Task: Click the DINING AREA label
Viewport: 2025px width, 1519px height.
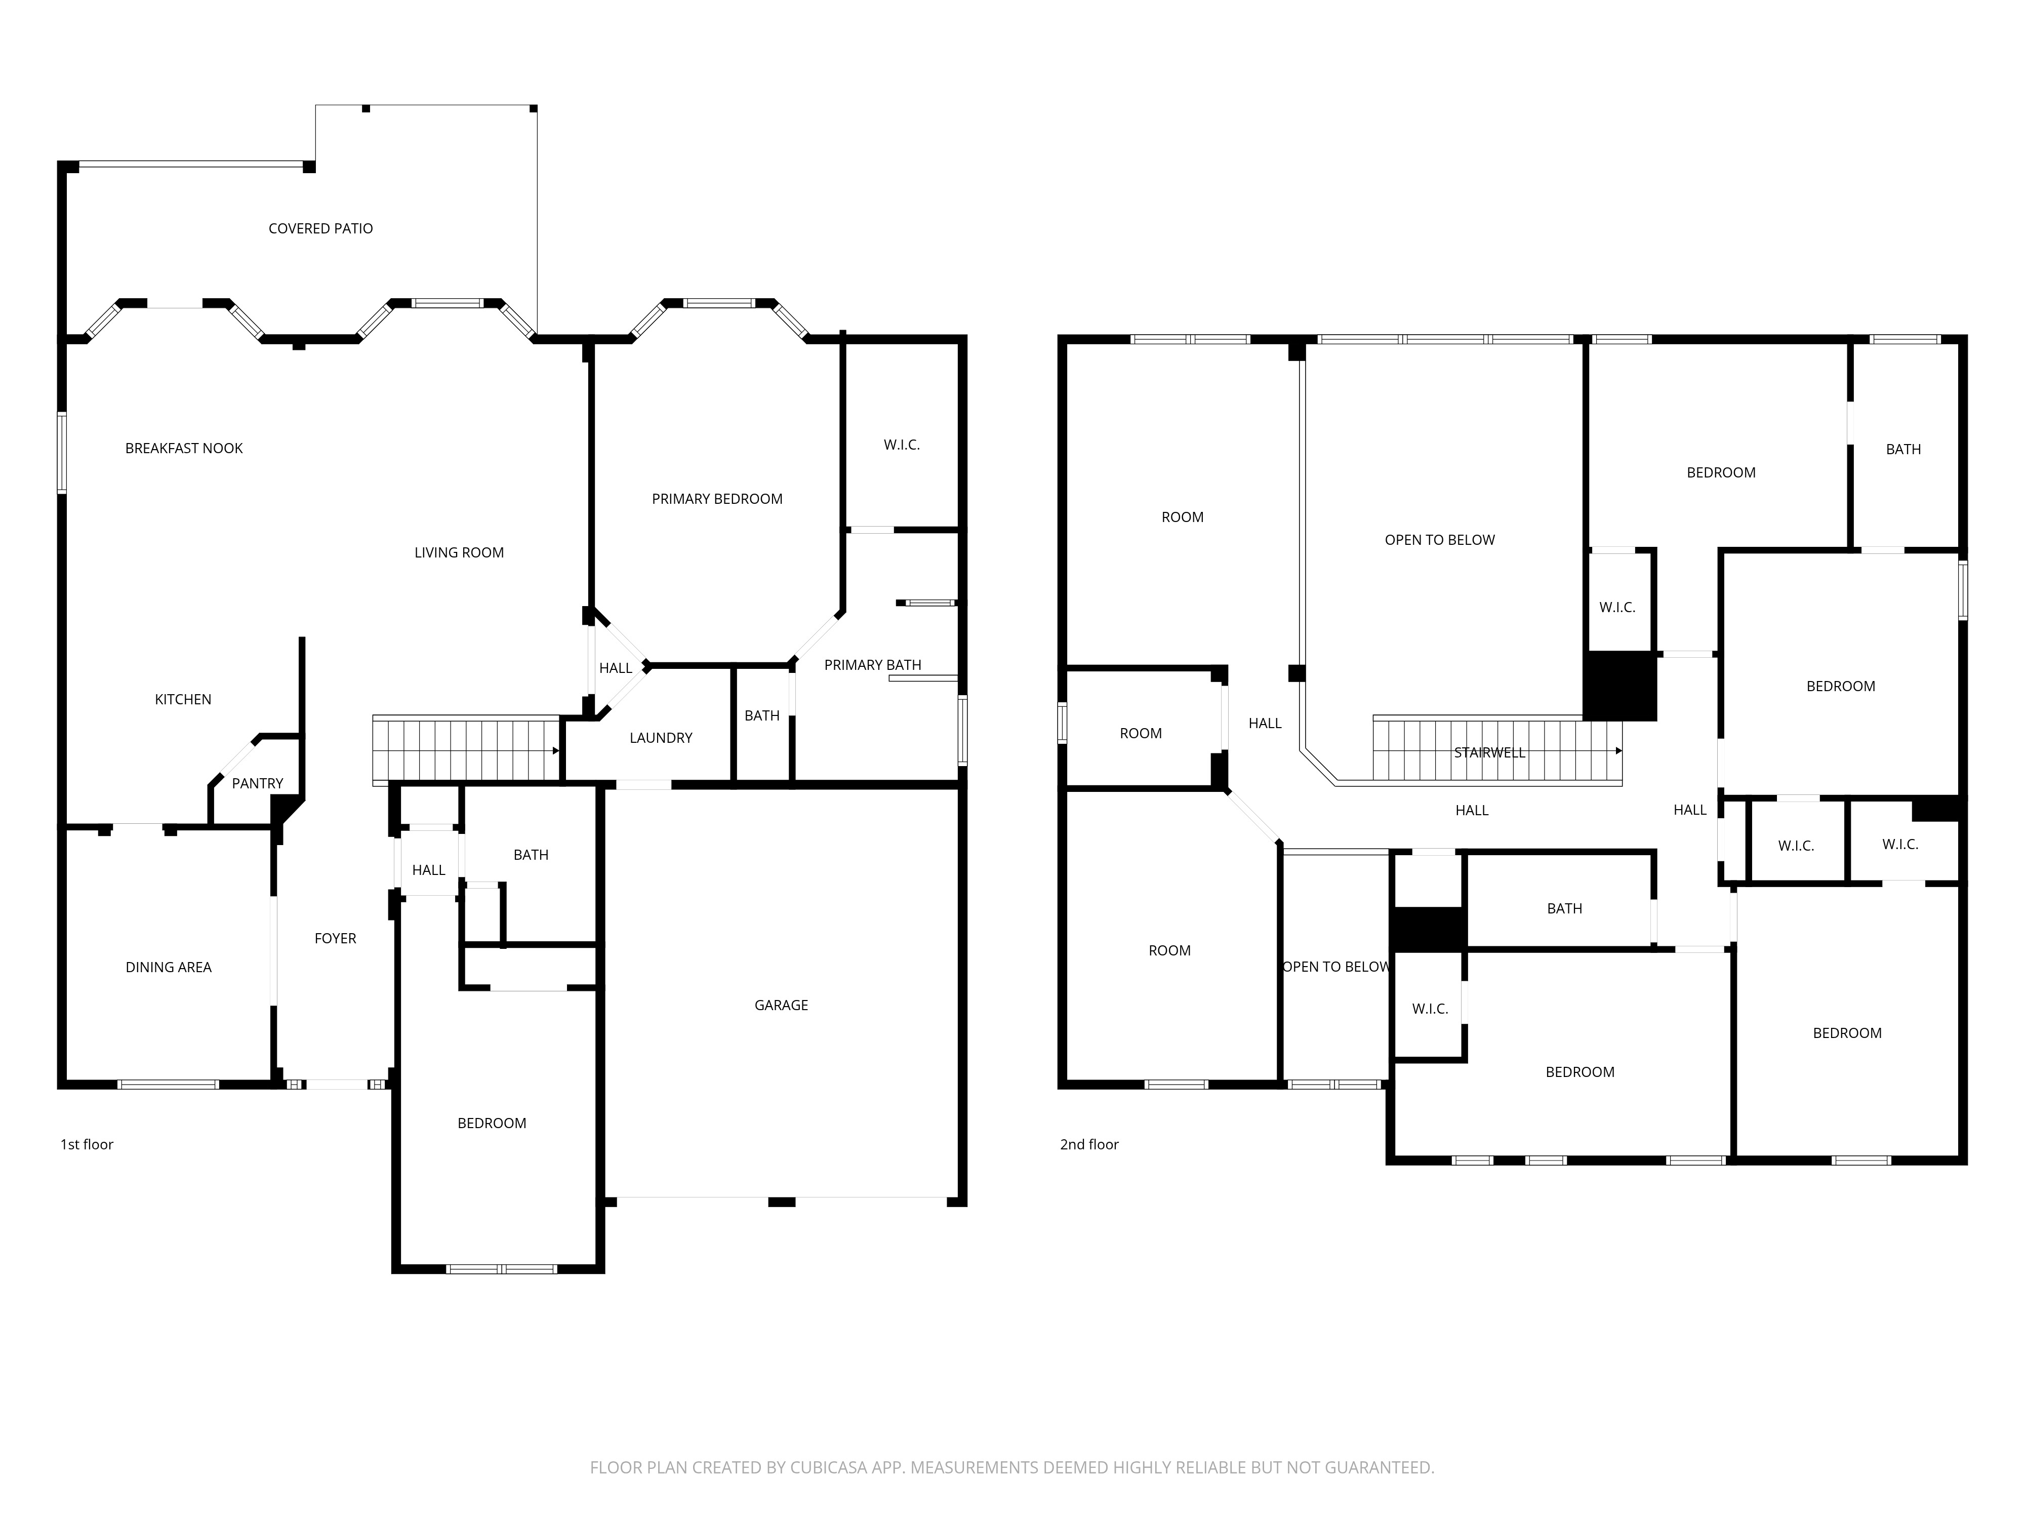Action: coord(169,968)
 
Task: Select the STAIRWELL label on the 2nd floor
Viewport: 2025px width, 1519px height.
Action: coord(1489,752)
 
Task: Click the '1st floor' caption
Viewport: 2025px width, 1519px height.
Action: coord(87,1144)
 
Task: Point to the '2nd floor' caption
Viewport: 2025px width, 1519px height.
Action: coord(1089,1144)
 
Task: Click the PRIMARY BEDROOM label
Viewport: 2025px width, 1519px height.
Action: coord(717,500)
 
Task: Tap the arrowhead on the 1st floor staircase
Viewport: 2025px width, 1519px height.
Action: coord(556,751)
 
